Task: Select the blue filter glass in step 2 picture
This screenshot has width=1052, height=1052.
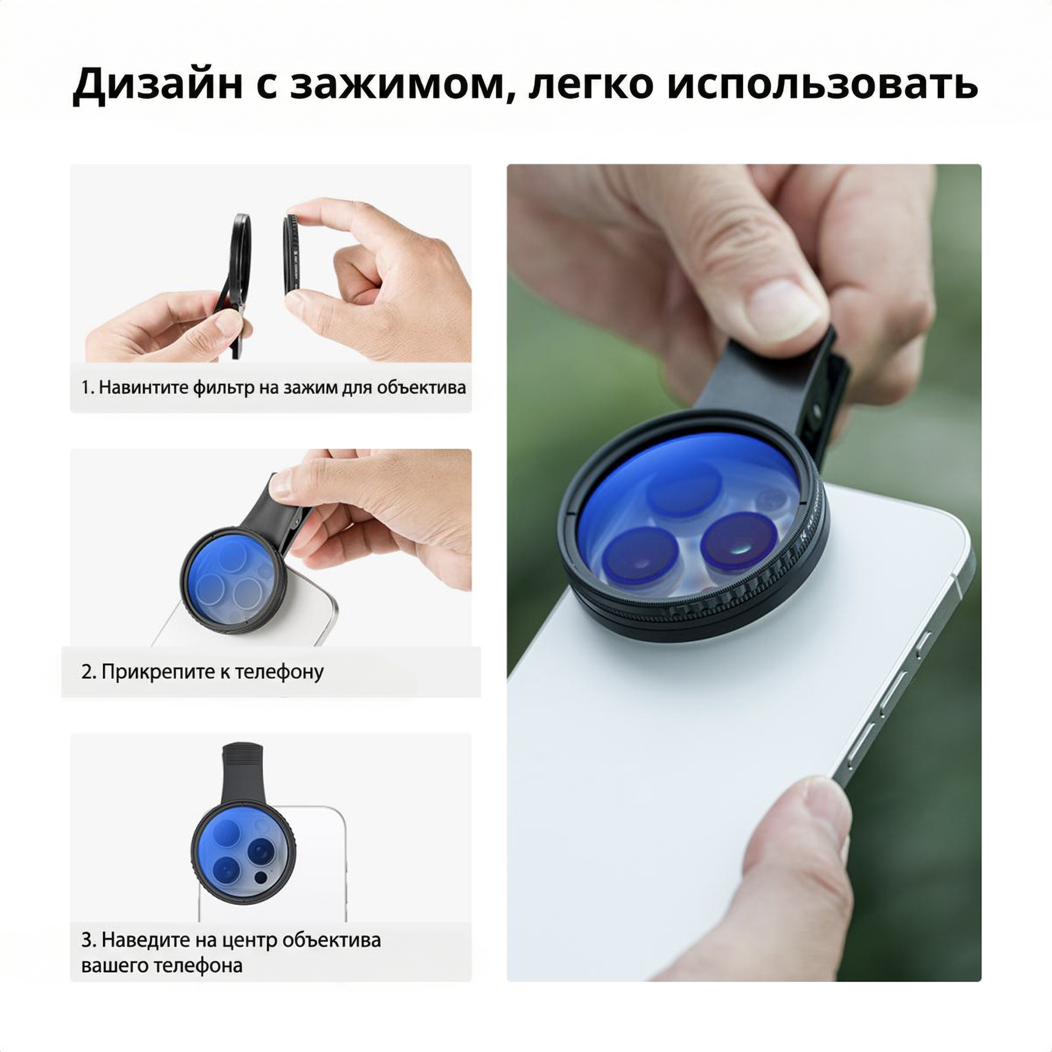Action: click(x=232, y=581)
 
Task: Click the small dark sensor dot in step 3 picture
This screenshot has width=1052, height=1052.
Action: click(x=261, y=878)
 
